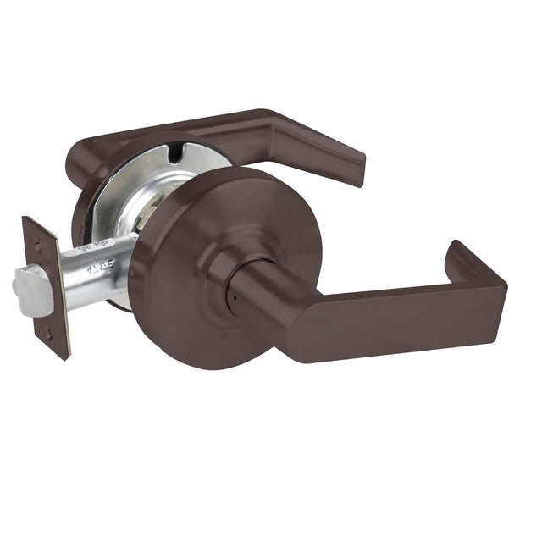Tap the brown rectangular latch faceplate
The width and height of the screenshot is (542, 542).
pyautogui.click(x=47, y=288)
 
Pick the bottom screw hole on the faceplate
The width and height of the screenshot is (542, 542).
pyautogui.click(x=48, y=336)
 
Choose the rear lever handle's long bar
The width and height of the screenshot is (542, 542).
pyautogui.click(x=212, y=127)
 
